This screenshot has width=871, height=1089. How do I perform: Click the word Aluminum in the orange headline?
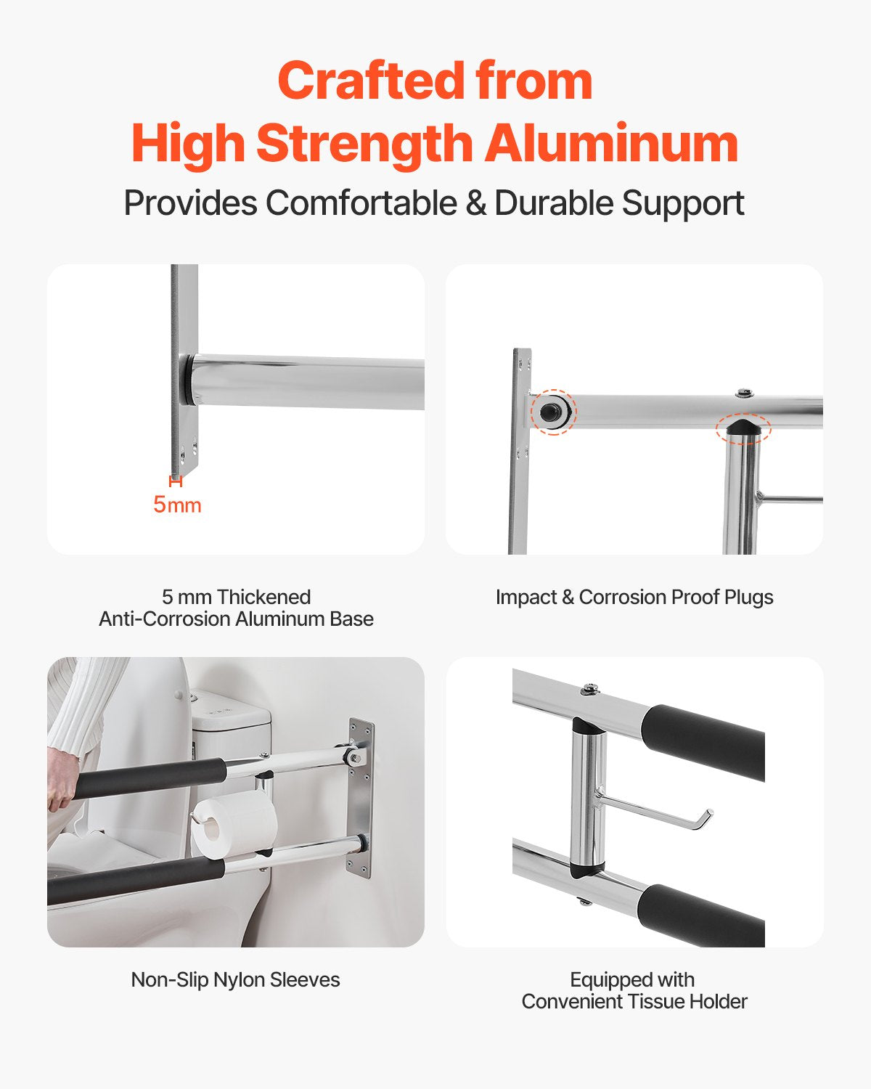[611, 143]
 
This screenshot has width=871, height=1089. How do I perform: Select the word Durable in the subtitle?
[553, 203]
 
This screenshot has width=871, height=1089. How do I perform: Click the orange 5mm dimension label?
[176, 505]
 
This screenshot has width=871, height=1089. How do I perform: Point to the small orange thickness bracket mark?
[176, 481]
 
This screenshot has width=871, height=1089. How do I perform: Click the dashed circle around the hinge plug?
[553, 412]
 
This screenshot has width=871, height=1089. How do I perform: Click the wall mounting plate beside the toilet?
[361, 799]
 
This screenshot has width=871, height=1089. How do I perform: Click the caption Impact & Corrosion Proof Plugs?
[634, 597]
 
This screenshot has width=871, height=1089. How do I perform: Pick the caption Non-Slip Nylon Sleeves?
[235, 979]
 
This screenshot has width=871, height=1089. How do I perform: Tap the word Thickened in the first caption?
[263, 597]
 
